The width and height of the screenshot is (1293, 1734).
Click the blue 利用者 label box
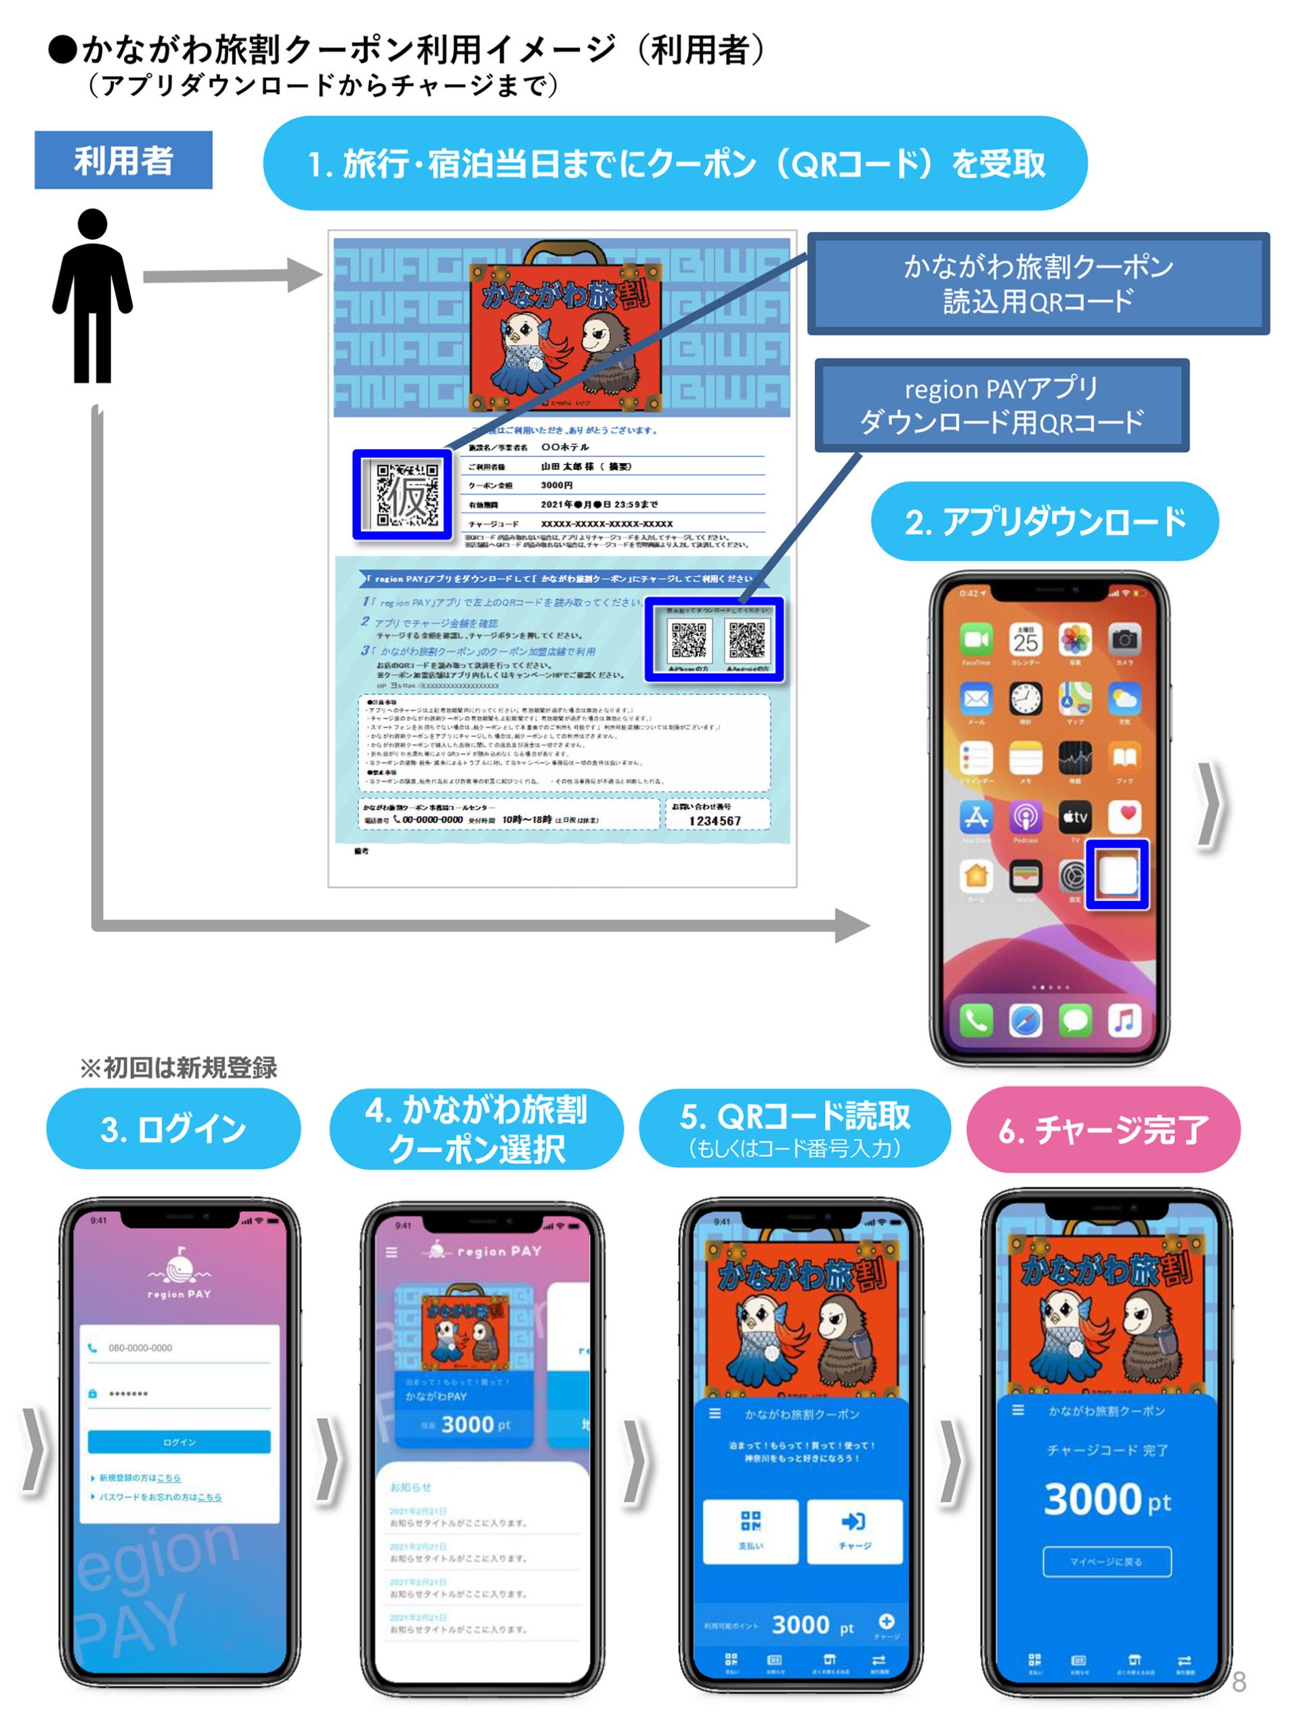click(123, 160)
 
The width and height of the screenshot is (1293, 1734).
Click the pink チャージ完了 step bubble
click(1103, 1129)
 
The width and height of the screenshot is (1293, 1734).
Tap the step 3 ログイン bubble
click(173, 1129)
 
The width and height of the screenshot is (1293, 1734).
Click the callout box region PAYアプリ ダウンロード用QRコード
click(1001, 405)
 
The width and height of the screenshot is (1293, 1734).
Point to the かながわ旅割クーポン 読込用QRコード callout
click(1038, 283)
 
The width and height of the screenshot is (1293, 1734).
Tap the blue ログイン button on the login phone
click(179, 1441)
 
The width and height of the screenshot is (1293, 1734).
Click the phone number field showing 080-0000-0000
click(179, 1347)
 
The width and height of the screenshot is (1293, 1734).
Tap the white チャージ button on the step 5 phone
click(854, 1531)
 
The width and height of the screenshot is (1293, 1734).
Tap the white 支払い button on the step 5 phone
click(750, 1531)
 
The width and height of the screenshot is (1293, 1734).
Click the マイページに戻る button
click(1106, 1561)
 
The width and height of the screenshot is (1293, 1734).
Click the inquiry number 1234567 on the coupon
click(714, 820)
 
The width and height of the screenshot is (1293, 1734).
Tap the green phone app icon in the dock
click(975, 1019)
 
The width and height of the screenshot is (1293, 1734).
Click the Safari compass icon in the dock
click(1025, 1019)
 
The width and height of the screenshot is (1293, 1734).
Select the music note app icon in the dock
click(1124, 1019)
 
